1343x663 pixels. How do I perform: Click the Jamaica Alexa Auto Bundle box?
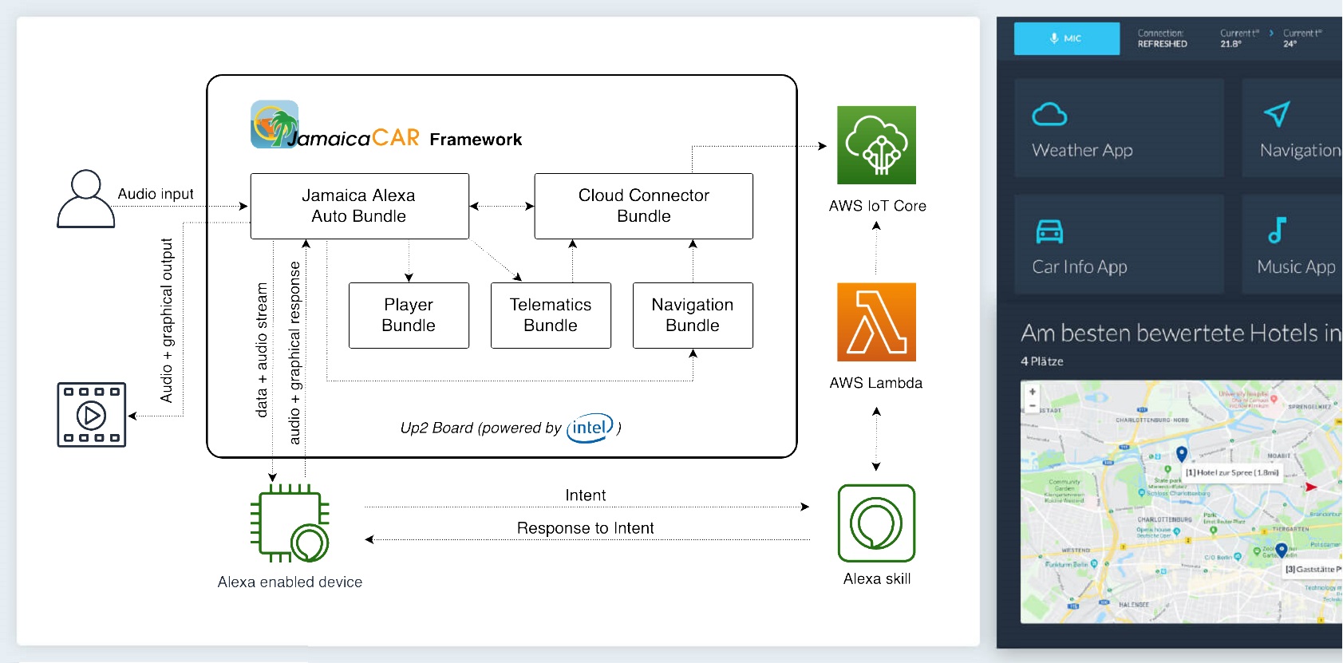359,206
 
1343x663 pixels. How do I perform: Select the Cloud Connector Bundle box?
643,206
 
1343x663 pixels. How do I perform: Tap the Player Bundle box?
409,315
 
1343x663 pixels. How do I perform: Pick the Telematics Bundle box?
551,315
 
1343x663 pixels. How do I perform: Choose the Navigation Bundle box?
693,315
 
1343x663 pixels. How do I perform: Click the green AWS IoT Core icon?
876,145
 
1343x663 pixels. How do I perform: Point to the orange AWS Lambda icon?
876,322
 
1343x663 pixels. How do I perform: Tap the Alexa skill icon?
876,523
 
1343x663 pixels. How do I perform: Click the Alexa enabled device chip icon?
289,523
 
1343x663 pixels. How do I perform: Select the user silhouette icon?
86,199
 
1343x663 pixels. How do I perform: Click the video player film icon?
91,415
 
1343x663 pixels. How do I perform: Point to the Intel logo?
590,428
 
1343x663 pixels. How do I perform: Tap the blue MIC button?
1066,38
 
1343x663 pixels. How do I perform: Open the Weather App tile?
1118,128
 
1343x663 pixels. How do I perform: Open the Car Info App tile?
1118,244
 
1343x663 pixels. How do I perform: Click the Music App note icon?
1277,231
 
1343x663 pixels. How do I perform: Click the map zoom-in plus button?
1033,392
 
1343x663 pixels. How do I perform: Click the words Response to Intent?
585,528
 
